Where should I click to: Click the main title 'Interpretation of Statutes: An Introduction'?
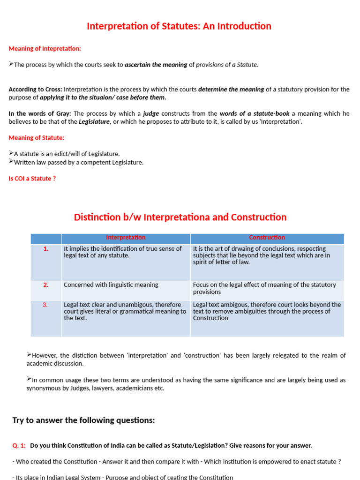pos(179,26)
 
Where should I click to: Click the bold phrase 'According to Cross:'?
pos(35,90)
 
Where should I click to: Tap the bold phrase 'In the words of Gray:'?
pos(39,113)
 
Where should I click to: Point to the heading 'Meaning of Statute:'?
pos(37,138)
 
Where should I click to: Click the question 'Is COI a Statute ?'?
pos(32,179)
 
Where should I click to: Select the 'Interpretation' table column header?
pos(126,238)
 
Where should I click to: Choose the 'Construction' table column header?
pos(267,238)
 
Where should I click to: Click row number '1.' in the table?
pos(46,249)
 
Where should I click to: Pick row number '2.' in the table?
pos(46,285)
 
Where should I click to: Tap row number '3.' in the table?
pos(46,305)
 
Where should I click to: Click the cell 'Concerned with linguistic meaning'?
pos(111,285)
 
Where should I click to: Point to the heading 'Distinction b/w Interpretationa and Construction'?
pos(180,217)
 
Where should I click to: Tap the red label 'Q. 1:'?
pos(19,445)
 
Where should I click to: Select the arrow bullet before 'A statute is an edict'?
pos(11,153)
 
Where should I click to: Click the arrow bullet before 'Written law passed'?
pos(11,162)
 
